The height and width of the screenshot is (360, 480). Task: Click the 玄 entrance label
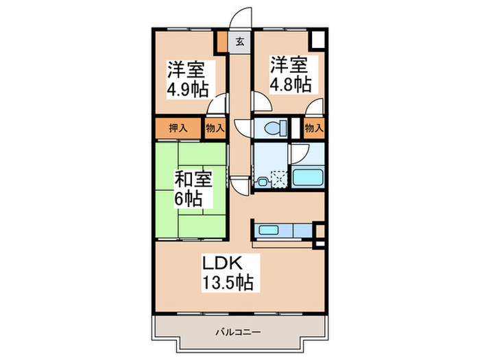pos(240,42)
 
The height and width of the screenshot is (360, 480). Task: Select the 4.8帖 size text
pos(290,84)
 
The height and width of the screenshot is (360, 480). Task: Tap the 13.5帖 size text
pos(228,281)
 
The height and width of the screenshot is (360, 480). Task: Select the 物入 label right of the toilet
pos(313,128)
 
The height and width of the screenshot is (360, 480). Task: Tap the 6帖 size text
pos(188,200)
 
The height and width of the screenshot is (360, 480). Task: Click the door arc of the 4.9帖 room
pos(219,104)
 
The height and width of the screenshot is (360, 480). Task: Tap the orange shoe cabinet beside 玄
pos(223,43)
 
